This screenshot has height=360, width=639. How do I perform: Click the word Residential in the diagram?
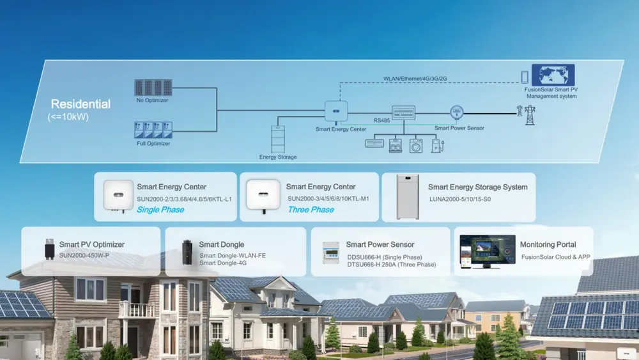pos(81,104)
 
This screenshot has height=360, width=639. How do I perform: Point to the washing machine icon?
pos(416,145)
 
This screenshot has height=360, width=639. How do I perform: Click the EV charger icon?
pos(437,145)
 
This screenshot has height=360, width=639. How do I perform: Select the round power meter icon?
pos(456,113)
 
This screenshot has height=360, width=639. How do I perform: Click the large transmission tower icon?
pos(530,116)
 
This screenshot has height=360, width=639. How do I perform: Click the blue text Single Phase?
pos(160,210)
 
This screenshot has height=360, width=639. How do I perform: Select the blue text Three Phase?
pos(311,210)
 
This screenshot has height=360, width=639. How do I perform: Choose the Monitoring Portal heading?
pos(548,244)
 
